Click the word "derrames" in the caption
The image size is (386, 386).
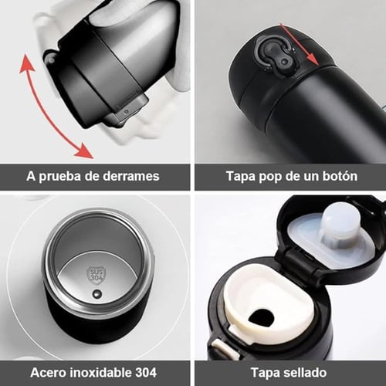pyautogui.click(x=131, y=176)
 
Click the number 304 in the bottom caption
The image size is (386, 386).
pyautogui.click(x=146, y=372)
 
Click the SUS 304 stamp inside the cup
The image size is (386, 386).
pyautogui.click(x=96, y=275)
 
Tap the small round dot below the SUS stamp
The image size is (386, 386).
pyautogui.click(x=97, y=294)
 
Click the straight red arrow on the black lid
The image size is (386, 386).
pyautogui.click(x=300, y=44)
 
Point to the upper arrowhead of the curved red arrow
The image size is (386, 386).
pyautogui.click(x=26, y=63)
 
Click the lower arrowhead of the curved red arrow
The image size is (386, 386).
pyautogui.click(x=84, y=151)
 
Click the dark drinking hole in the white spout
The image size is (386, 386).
pyautogui.click(x=262, y=317)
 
